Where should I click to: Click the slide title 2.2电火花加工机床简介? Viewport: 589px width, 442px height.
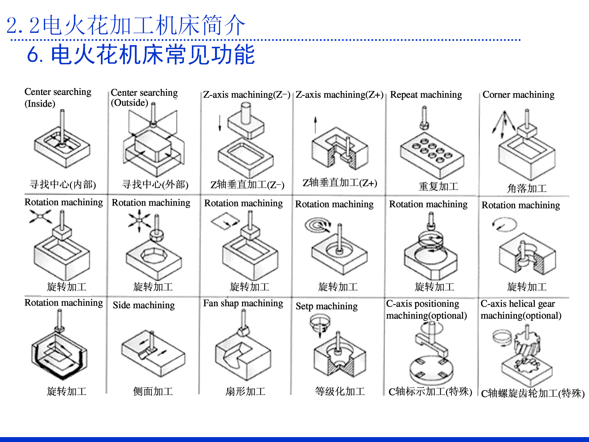pyautogui.click(x=126, y=25)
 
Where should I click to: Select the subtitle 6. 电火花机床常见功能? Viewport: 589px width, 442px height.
pyautogui.click(x=141, y=55)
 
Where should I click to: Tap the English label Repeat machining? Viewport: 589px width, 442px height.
pyautogui.click(x=426, y=95)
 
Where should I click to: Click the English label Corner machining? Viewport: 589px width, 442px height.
pyautogui.click(x=518, y=95)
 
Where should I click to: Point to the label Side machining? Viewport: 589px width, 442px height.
pyautogui.click(x=144, y=305)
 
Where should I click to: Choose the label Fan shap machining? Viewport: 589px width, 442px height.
pyautogui.click(x=243, y=303)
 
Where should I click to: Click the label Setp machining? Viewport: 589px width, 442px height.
pyautogui.click(x=327, y=306)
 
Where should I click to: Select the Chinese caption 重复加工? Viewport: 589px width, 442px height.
pyautogui.click(x=438, y=186)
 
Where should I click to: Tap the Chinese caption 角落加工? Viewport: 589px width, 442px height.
pyautogui.click(x=527, y=188)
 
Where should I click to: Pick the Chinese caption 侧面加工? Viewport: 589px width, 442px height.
pyautogui.click(x=153, y=391)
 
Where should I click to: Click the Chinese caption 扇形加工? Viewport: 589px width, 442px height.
pyautogui.click(x=245, y=391)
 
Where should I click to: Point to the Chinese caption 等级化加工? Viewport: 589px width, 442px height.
pyautogui.click(x=340, y=391)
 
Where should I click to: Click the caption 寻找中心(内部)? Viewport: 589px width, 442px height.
pyautogui.click(x=63, y=184)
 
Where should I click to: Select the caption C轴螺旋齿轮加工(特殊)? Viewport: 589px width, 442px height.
pyautogui.click(x=533, y=393)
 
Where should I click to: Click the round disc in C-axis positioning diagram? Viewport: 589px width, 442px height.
pyautogui.click(x=431, y=370)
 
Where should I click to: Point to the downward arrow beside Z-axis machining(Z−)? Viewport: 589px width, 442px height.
pyautogui.click(x=220, y=123)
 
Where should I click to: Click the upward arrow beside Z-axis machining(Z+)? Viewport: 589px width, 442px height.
pyautogui.click(x=315, y=125)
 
